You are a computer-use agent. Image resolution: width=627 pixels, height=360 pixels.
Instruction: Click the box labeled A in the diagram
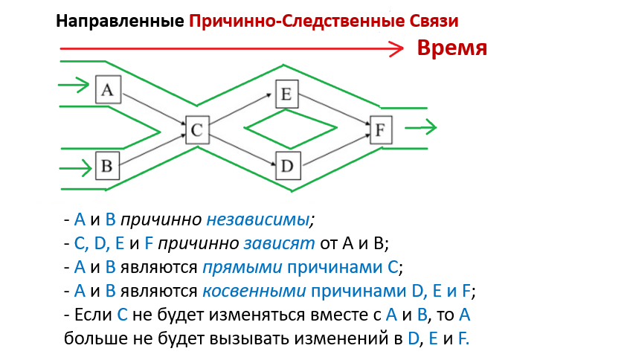pos(108,90)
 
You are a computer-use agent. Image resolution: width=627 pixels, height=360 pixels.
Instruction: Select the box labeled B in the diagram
pos(106,165)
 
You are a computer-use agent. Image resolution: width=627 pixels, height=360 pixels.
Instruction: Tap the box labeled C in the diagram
pos(196,131)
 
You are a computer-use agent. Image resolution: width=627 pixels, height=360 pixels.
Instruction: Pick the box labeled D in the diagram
pos(288,165)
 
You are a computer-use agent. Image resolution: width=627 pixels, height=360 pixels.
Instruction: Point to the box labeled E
pos(286,94)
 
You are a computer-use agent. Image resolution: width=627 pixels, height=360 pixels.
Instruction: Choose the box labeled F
pos(380,130)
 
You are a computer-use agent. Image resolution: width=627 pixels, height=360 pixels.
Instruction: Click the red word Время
pos(451,48)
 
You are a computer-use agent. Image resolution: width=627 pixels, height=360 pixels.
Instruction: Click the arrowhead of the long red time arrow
pos(398,48)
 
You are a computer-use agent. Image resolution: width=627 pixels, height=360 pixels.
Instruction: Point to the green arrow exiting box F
pos(421,129)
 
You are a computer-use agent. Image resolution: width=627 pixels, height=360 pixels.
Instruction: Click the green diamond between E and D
pos(288,130)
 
